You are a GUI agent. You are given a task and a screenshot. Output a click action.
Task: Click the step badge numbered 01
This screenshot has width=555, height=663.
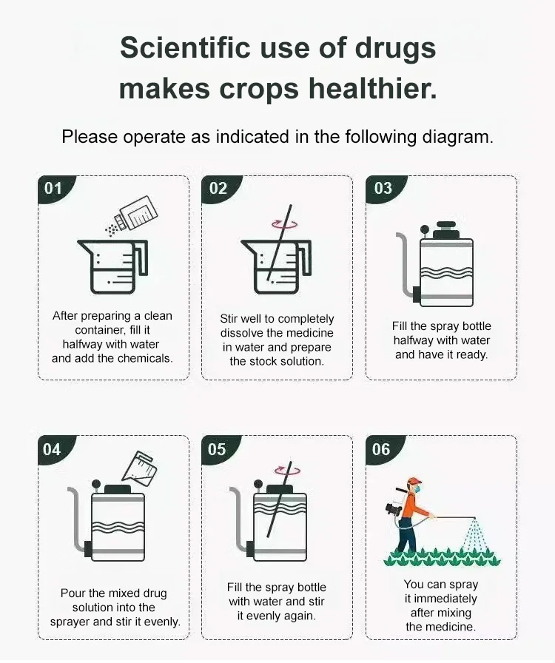tap(54, 189)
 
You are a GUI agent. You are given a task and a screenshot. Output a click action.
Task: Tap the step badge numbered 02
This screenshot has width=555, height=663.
tap(219, 189)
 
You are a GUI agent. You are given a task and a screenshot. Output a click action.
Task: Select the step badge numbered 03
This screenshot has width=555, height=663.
tap(383, 189)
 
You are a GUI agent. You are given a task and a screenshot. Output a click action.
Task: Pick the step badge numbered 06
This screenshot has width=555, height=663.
tap(383, 450)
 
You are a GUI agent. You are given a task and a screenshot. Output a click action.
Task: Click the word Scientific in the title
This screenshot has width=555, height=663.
tap(185, 47)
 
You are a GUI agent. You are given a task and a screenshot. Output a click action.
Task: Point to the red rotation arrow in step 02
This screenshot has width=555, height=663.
tap(284, 224)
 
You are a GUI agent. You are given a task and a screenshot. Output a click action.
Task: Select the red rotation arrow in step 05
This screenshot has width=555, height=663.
tap(287, 470)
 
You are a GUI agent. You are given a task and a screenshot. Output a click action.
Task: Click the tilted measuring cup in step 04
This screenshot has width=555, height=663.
tap(139, 467)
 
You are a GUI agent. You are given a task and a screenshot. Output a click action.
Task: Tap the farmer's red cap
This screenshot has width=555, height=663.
tap(414, 481)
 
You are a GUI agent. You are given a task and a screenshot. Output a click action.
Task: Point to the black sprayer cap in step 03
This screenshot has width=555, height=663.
tap(446, 229)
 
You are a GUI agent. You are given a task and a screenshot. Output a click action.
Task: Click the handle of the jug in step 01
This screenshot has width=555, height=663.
tap(141, 258)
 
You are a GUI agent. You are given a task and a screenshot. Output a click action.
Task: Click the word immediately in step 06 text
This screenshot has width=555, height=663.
tap(445, 599)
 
